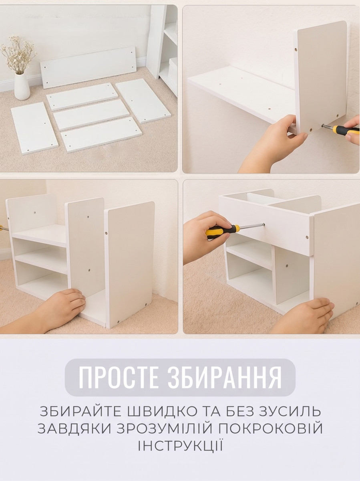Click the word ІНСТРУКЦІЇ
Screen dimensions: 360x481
pos(180,445)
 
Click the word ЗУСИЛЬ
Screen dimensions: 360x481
pos(289,412)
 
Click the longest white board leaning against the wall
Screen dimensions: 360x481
pos(88,67)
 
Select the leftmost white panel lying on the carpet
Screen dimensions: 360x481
pos(34,128)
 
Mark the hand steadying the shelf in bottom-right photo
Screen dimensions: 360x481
pos(306,315)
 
